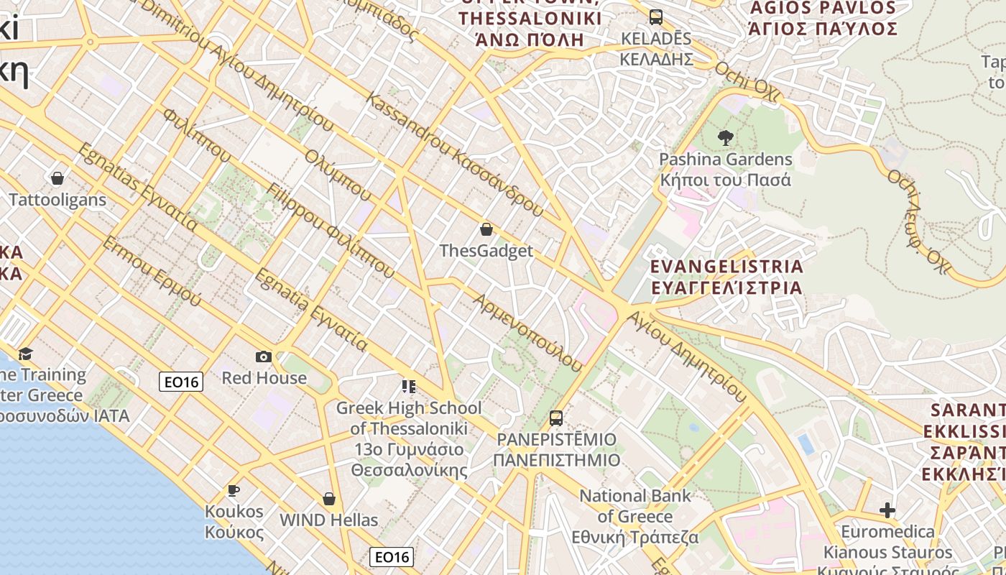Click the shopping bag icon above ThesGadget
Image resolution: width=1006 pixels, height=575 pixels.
click(486, 229)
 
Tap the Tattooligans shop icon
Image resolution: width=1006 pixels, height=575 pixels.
click(57, 178)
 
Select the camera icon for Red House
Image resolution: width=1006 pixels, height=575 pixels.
click(264, 356)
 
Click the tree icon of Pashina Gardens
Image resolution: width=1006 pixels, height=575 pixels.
click(725, 137)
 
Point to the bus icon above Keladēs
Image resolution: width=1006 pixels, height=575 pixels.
click(655, 17)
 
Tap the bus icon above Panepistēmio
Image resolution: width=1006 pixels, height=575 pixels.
click(556, 418)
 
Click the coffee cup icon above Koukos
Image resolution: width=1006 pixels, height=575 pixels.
click(234, 491)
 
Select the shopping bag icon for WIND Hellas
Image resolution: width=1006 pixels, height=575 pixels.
click(329, 498)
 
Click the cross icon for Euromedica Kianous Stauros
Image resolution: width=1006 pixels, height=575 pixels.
click(887, 510)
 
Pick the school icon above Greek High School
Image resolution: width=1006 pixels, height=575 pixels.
click(409, 387)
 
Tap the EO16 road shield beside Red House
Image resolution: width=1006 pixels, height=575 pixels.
click(181, 382)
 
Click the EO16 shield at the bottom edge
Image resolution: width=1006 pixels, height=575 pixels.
click(392, 556)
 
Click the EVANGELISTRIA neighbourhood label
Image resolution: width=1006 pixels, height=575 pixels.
click(726, 277)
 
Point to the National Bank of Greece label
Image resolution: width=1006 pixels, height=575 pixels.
click(635, 516)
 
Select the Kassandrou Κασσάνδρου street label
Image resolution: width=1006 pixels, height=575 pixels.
click(456, 155)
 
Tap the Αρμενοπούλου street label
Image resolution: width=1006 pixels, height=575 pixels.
click(527, 332)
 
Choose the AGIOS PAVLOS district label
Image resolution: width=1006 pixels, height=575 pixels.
click(823, 19)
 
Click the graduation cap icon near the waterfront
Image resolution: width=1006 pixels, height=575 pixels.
click(26, 353)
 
